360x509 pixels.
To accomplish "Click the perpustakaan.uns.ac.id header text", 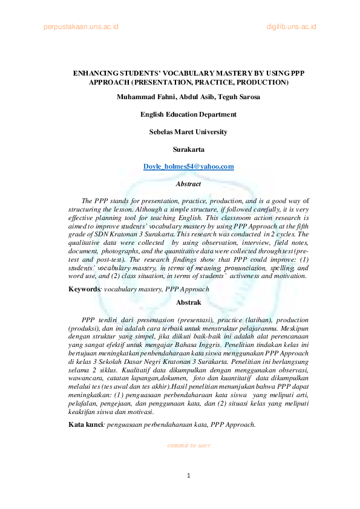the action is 80,27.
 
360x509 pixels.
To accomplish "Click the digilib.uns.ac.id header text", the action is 291,27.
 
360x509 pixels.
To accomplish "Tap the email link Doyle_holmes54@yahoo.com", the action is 188,166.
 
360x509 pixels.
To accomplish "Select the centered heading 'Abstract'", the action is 188,183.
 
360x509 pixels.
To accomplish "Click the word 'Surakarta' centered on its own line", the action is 188,149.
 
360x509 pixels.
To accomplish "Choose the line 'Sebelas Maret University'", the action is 188,131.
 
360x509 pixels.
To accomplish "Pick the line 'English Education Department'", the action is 188,114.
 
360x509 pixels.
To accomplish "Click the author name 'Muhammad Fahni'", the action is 143,97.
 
